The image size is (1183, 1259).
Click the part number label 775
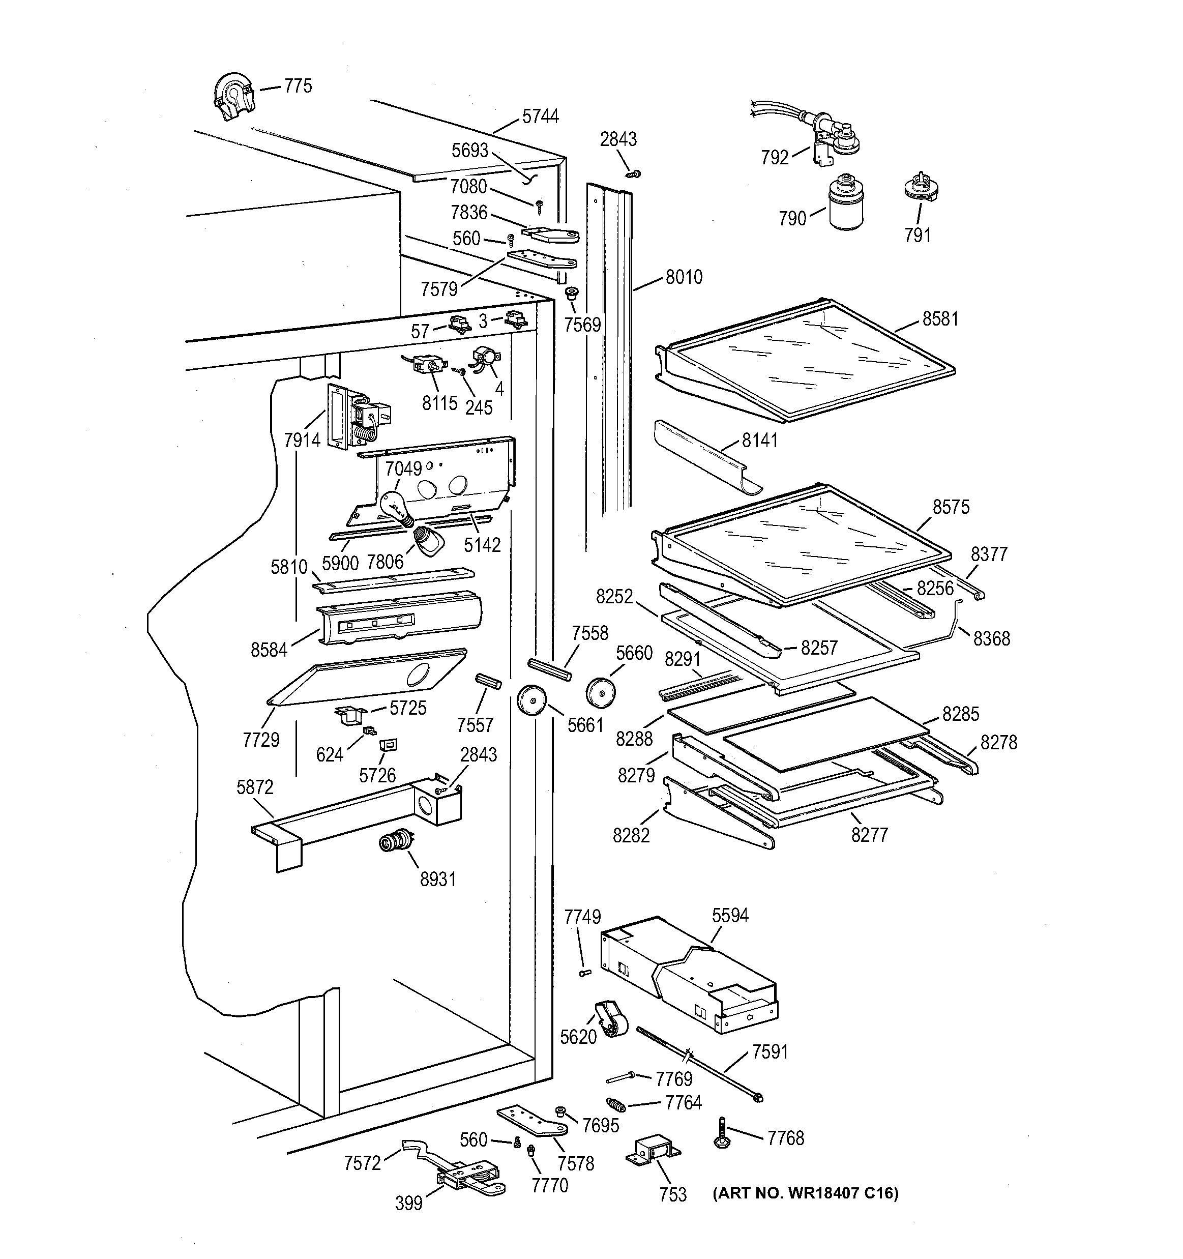coord(298,86)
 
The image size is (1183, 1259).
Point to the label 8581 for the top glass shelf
coord(940,319)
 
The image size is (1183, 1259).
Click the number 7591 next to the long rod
coord(770,1052)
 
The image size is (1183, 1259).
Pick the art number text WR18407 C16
coord(806,1194)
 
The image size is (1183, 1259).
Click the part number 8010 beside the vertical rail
coord(684,277)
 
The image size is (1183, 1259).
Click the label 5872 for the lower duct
coord(255,787)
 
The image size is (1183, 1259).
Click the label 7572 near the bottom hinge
coord(362,1163)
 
